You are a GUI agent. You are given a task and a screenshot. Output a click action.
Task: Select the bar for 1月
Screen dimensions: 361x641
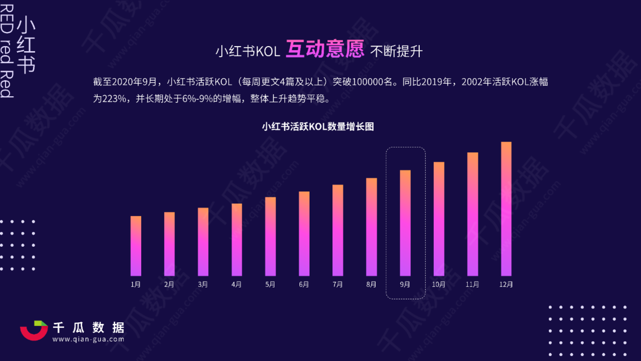136,246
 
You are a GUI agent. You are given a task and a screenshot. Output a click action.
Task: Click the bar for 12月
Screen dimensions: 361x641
506,209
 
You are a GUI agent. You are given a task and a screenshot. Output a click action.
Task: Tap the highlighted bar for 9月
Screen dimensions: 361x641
405,223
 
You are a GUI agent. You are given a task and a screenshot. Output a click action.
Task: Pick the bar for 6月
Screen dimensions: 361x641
304,234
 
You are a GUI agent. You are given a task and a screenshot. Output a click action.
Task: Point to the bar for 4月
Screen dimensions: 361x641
237,239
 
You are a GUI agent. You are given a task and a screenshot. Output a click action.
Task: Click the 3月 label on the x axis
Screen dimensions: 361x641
203,284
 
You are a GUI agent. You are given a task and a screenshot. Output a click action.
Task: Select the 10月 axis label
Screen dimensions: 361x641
439,284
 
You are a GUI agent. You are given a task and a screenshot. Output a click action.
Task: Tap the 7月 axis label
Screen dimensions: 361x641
338,284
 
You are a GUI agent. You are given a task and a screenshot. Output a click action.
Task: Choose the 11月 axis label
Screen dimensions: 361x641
472,284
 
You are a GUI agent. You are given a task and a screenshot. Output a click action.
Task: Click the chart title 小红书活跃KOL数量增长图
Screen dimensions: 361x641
317,127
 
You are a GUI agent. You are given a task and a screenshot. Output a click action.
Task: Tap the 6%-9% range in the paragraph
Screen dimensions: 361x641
198,98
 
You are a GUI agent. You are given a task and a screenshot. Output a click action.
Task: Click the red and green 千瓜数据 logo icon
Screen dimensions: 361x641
34,330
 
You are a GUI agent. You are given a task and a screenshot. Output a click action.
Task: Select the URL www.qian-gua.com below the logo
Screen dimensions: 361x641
88,339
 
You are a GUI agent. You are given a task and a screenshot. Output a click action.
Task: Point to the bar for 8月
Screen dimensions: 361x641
372,227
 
